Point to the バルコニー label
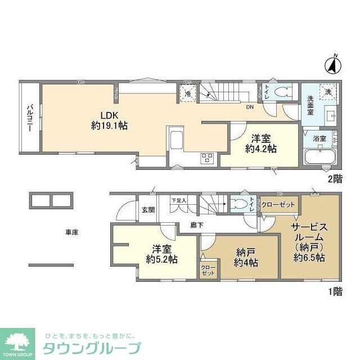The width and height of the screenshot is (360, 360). (29, 118)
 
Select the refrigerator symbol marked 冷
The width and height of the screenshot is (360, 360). (187, 94)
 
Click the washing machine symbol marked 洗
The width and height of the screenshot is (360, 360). (327, 91)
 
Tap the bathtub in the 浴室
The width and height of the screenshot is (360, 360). (319, 156)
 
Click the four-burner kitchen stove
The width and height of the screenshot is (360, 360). (206, 158)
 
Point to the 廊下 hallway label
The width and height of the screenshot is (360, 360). (181, 226)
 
